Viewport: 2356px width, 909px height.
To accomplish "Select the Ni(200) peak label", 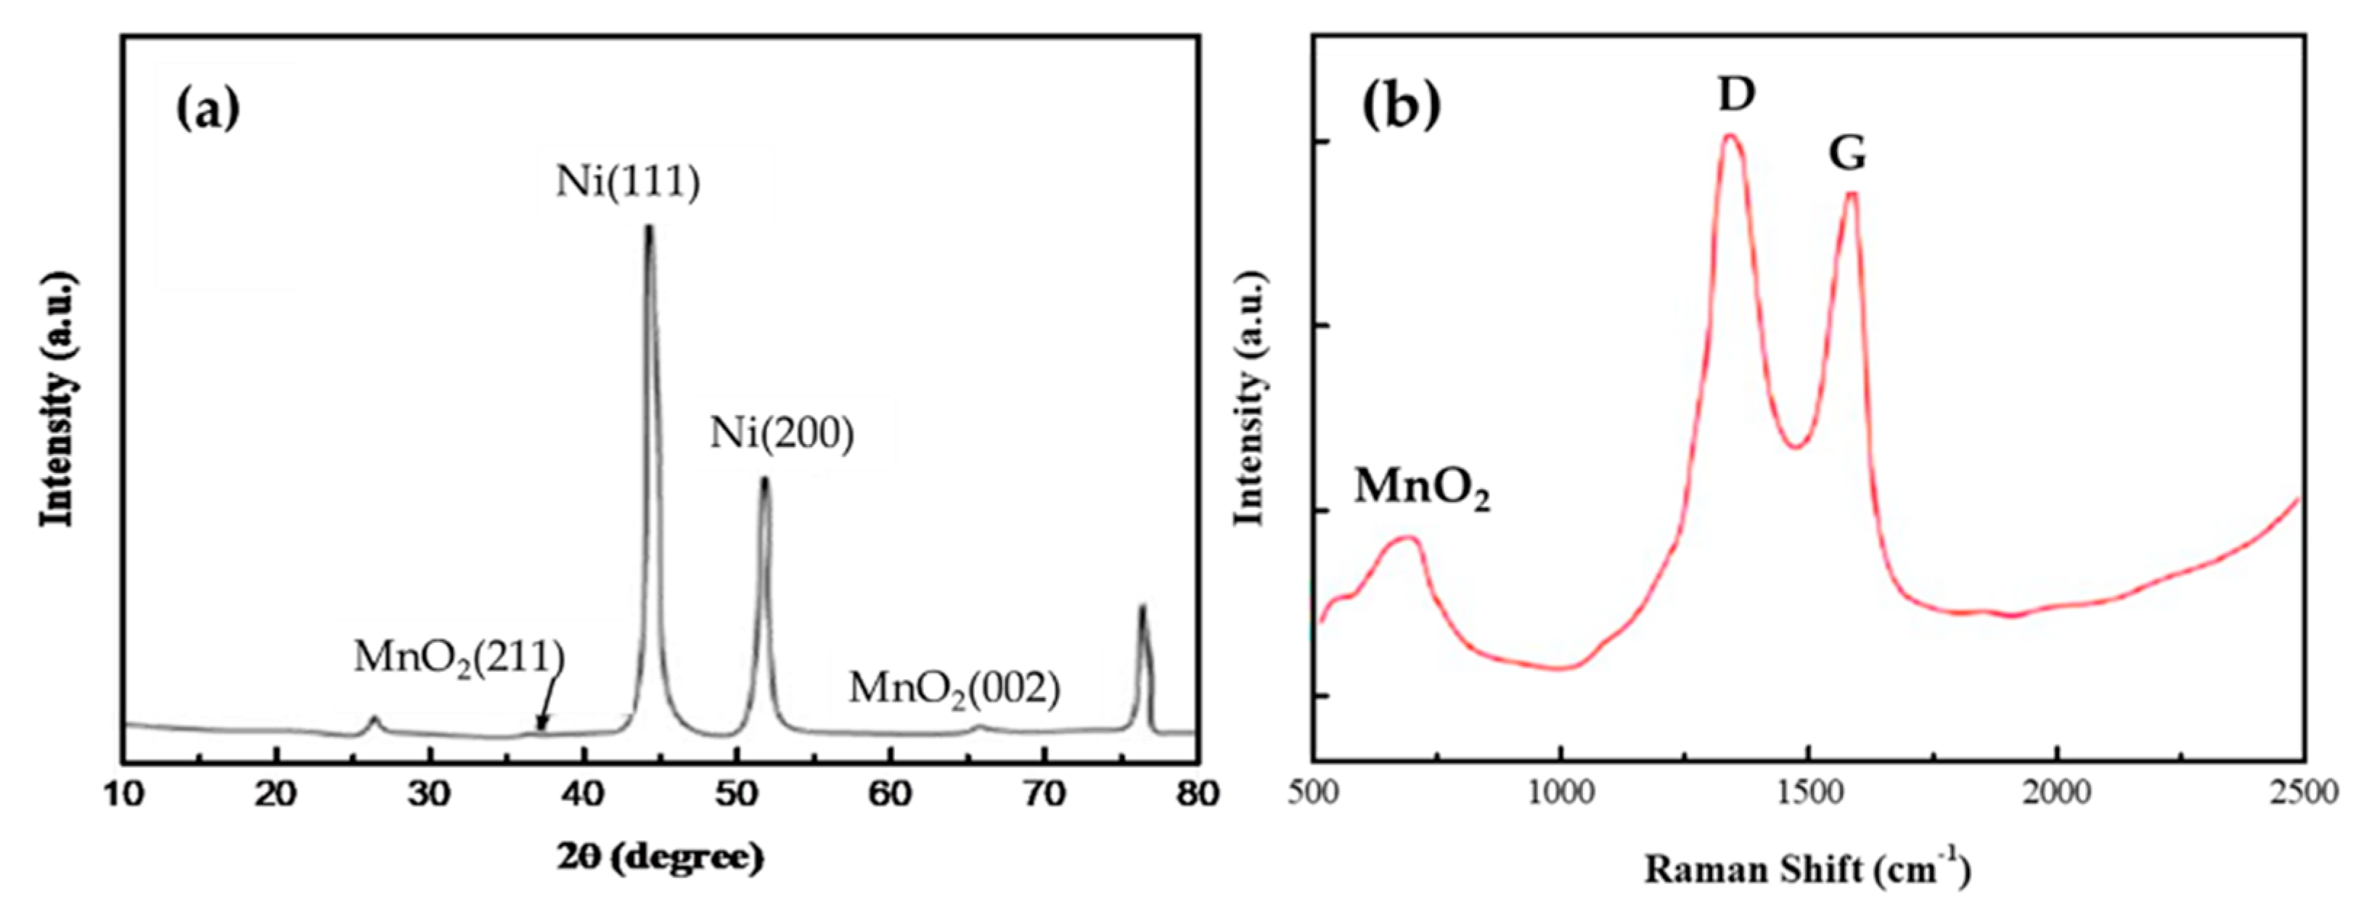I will point(782,434).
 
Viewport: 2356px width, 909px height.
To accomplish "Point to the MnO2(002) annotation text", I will point(954,688).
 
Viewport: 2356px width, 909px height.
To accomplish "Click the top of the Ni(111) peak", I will point(650,229).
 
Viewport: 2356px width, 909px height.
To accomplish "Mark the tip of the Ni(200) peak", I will point(766,480).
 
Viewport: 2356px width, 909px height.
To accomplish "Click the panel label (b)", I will point(1401,107).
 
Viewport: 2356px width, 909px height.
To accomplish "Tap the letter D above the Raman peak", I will point(1736,94).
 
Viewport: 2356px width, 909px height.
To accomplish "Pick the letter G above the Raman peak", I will point(1846,153).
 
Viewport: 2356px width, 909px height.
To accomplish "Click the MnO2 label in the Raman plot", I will point(1421,488).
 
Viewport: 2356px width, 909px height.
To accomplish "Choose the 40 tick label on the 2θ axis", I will point(584,794).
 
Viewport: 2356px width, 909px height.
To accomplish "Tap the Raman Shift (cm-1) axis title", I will point(1807,870).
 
